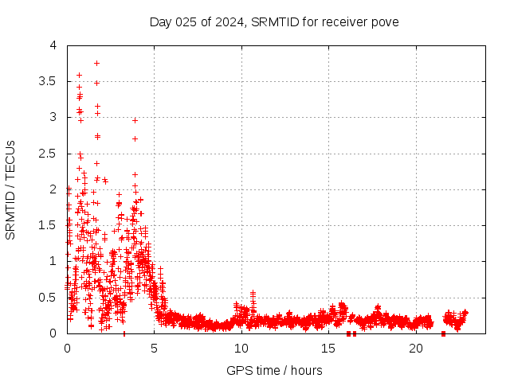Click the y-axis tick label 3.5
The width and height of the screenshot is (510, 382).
49,81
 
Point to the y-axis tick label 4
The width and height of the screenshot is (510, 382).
53,45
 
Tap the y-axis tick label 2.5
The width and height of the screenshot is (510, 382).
49,153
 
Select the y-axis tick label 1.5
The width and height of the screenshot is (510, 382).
49,225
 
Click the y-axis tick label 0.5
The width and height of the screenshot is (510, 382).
49,297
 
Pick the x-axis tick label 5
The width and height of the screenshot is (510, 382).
155,348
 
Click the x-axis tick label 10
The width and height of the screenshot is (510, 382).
241,348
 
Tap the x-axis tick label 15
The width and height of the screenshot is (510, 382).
328,348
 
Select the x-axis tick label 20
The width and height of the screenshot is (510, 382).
416,348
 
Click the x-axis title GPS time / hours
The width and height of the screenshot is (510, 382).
274,370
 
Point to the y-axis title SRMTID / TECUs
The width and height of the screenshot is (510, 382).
11,189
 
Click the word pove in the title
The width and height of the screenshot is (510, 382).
386,21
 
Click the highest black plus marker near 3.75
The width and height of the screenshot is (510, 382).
96,63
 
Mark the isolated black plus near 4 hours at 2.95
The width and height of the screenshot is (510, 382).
135,120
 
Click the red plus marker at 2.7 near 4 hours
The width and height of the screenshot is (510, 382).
135,138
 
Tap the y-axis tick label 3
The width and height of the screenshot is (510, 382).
53,117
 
